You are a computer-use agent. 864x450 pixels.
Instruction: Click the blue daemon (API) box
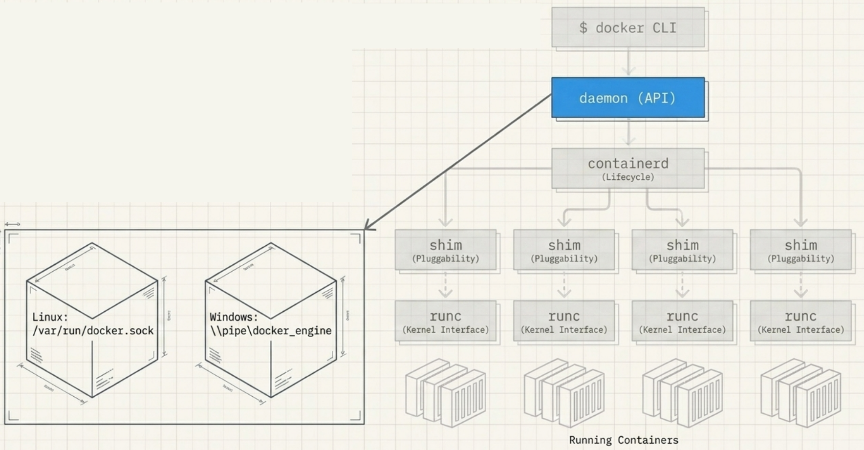click(628, 98)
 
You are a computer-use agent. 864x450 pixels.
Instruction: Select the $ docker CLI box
click(628, 27)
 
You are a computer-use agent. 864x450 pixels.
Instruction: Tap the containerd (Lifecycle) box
click(628, 169)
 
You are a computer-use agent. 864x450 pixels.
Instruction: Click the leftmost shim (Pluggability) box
click(445, 250)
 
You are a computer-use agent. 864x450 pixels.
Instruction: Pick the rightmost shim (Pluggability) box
click(800, 250)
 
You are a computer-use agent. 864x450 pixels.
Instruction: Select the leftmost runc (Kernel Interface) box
click(445, 321)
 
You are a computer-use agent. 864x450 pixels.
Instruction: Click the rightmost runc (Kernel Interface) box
click(800, 321)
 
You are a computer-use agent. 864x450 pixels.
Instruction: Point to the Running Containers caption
click(624, 440)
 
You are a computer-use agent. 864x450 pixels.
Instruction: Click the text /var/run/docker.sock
click(93, 331)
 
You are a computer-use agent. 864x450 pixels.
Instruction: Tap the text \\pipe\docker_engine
click(271, 331)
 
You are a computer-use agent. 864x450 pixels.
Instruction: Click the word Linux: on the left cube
click(50, 317)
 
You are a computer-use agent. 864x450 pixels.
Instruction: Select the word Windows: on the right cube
click(234, 317)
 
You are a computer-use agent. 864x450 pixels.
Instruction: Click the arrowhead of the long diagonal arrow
click(368, 227)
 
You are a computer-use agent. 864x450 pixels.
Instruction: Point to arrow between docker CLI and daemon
click(628, 62)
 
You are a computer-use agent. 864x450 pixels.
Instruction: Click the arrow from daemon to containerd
click(628, 133)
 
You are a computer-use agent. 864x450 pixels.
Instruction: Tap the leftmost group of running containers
click(445, 393)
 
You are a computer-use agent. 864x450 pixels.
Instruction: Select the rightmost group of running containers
click(800, 393)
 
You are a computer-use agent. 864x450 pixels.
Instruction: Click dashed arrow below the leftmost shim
click(445, 285)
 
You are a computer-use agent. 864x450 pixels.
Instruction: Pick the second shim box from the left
click(564, 250)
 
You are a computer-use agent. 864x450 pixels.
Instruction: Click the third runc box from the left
click(682, 321)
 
